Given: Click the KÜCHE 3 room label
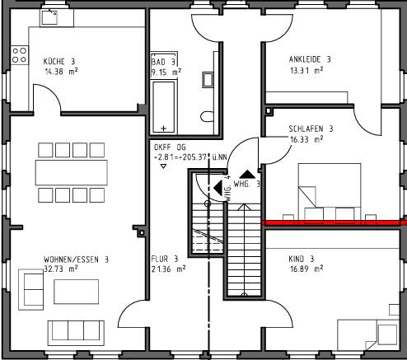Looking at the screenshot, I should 59,61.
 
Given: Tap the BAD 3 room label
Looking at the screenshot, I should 164,62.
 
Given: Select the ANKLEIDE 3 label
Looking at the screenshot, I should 310,59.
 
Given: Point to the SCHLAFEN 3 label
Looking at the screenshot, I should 311,129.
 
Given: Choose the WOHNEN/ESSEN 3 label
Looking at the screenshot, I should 77,259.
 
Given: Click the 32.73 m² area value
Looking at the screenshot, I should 61,269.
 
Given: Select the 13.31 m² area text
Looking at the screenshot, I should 306,70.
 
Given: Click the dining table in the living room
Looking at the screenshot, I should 71,172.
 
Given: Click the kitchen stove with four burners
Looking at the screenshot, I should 19,57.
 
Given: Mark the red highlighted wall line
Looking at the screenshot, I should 334,222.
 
